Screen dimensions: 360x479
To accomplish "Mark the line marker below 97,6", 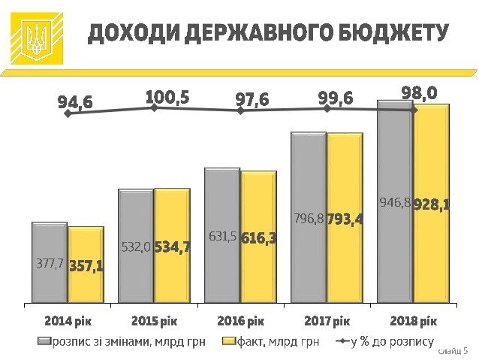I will tap(240, 110).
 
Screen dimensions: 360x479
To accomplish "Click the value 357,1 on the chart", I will tap(86, 267).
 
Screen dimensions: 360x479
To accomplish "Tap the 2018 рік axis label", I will tap(413, 321).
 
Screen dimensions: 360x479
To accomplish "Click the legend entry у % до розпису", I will tap(387, 342).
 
